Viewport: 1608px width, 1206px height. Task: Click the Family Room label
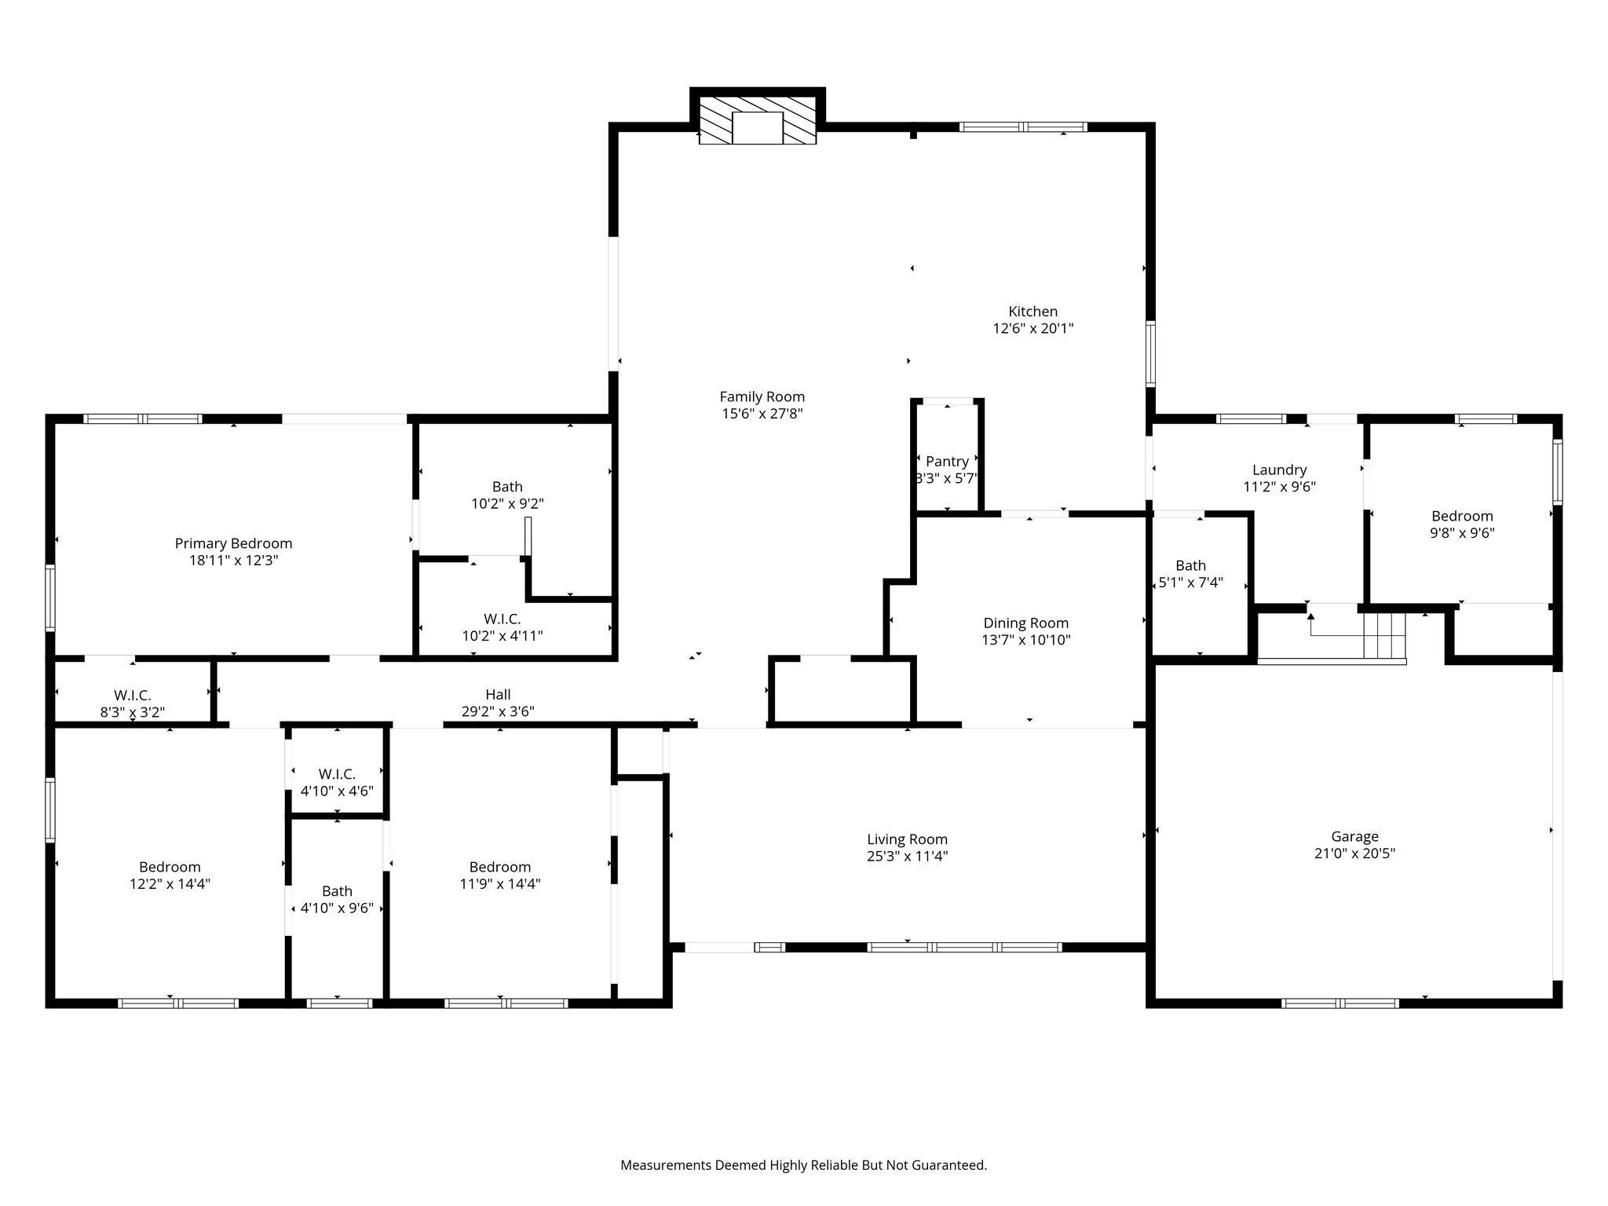(762, 397)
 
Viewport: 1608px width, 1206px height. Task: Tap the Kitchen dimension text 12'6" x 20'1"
(1032, 329)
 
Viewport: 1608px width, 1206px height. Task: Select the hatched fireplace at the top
(757, 122)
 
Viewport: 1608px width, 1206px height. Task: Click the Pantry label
(947, 462)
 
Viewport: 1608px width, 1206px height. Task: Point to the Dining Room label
(1025, 623)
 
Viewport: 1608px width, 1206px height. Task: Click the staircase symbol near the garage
(1383, 636)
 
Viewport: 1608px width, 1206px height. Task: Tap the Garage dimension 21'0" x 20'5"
(1354, 853)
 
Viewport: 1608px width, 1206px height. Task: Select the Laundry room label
(1279, 470)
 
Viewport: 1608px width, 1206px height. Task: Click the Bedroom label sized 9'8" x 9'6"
(1461, 517)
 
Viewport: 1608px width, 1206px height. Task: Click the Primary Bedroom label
(233, 543)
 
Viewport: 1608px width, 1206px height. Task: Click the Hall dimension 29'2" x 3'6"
(498, 712)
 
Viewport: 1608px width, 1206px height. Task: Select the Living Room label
(907, 839)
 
